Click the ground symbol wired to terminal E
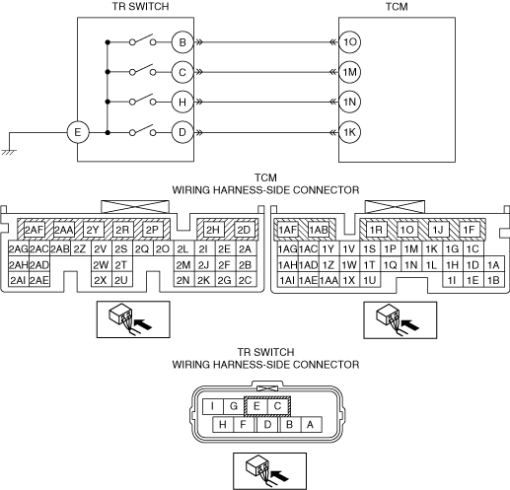coord(9,152)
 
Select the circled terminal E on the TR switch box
coord(78,132)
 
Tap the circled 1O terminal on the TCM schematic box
coord(349,42)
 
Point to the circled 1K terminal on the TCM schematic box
coord(349,132)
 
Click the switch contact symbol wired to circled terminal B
coord(142,39)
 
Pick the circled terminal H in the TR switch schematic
coord(182,103)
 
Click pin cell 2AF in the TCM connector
coord(35,230)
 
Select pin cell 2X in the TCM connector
coord(101,280)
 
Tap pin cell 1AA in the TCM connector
coord(328,280)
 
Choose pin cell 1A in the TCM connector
coord(494,264)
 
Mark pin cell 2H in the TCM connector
coord(213,230)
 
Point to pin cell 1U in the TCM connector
coord(370,280)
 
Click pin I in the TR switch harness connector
coord(213,406)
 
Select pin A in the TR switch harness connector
coord(310,425)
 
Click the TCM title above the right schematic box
coord(397,7)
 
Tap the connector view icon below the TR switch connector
coord(269,471)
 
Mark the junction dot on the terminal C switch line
coord(108,72)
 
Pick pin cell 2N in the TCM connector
coord(183,280)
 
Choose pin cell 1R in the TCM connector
coord(376,230)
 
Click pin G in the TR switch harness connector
coord(234,406)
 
